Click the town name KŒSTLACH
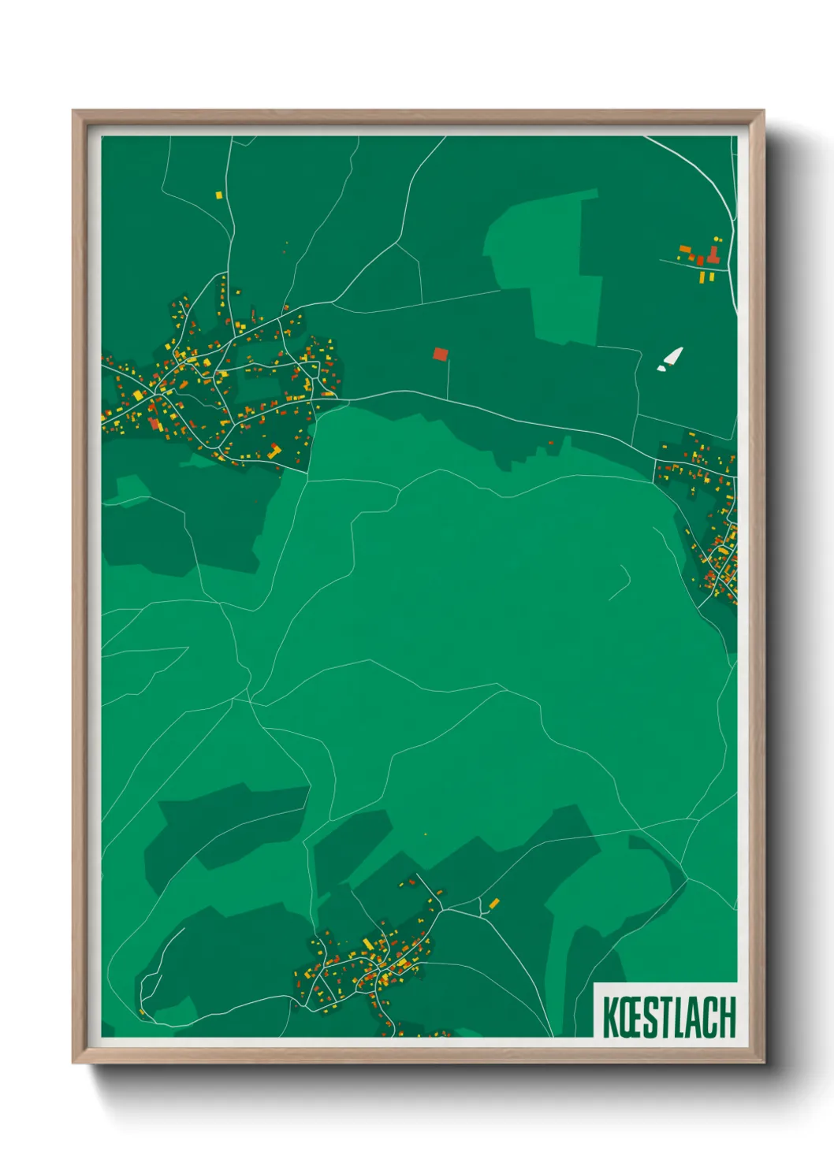[669, 1016]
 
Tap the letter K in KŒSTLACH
[609, 1017]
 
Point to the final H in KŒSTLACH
[728, 1017]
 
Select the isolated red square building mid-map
[440, 355]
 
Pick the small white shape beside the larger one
[661, 367]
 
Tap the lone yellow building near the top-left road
[219, 194]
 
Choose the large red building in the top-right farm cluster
[713, 255]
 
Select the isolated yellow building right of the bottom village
[494, 903]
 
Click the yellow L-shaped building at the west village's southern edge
[275, 451]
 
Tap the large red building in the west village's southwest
[154, 424]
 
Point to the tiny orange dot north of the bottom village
[426, 834]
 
